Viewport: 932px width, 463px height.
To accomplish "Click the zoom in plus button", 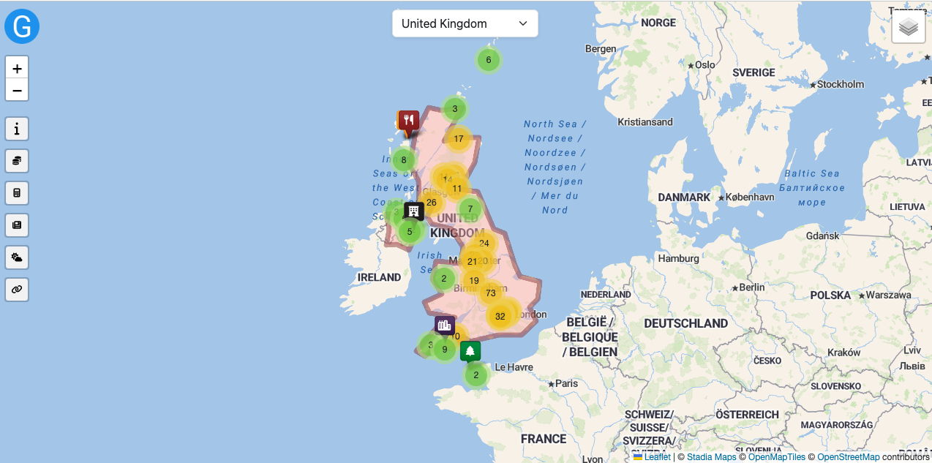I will click(17, 68).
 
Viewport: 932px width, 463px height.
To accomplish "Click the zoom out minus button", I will click(17, 91).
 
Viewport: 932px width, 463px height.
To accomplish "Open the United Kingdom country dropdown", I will click(465, 23).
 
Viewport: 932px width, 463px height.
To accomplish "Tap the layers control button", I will click(909, 27).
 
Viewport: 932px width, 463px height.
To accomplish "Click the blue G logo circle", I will click(22, 27).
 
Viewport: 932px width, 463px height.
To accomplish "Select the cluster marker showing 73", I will click(491, 293).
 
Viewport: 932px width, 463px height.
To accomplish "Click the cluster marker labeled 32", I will click(500, 317).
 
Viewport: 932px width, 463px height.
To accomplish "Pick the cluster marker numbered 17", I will click(459, 139).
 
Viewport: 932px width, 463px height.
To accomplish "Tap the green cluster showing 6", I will click(489, 60).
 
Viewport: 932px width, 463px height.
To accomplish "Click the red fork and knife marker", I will click(409, 121).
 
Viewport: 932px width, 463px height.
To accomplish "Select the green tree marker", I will click(470, 351).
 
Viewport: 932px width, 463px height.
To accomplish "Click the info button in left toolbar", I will click(17, 129).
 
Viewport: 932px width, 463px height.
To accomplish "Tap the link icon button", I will click(17, 290).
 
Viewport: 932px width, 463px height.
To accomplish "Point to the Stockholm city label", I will click(841, 84).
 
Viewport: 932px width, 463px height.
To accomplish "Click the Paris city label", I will click(566, 383).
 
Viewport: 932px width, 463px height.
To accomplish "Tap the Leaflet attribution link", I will click(657, 457).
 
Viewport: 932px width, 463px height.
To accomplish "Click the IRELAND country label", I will click(379, 278).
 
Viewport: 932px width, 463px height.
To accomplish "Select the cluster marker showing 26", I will click(432, 203).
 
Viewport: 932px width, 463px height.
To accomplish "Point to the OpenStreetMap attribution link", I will click(848, 457).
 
